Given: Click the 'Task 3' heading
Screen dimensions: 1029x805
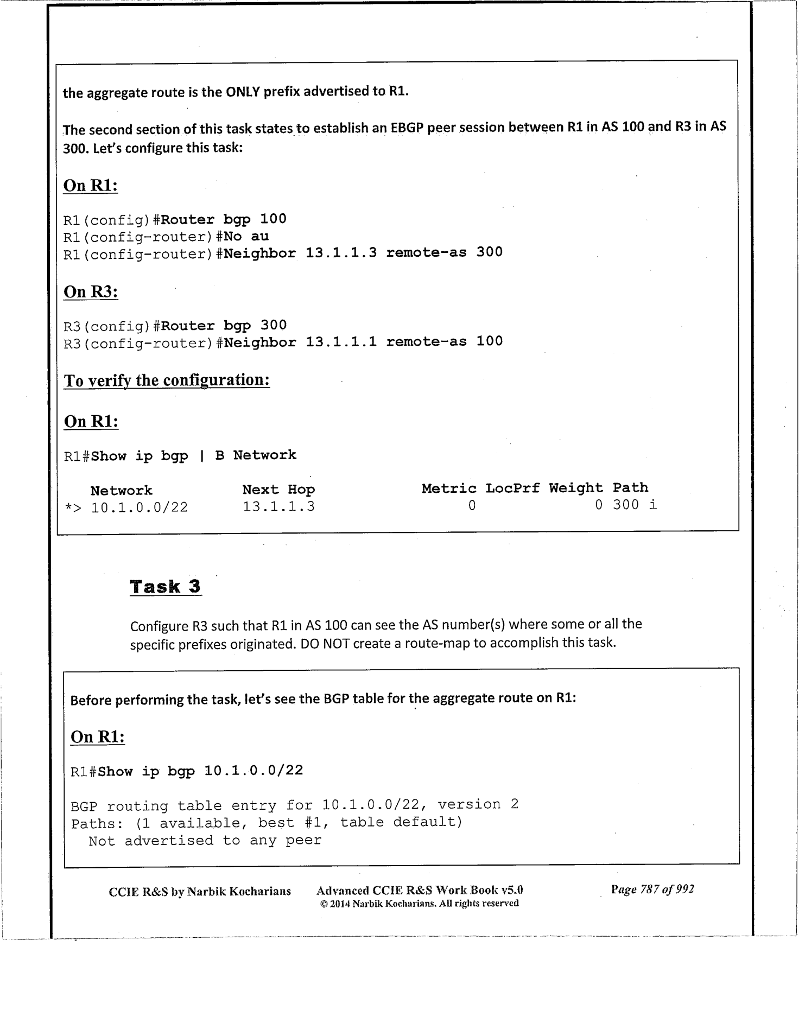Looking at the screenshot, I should pyautogui.click(x=166, y=587).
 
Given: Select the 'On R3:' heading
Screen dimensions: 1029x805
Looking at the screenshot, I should pyautogui.click(x=91, y=292).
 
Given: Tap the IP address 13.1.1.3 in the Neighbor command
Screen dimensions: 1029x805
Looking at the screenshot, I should pyautogui.click(x=341, y=252).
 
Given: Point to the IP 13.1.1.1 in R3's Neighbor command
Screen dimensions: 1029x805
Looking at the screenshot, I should pyautogui.click(x=341, y=342).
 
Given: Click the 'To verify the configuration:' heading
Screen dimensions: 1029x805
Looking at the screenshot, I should pyautogui.click(x=167, y=380).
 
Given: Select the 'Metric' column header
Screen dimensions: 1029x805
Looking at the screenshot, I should pyautogui.click(x=449, y=488).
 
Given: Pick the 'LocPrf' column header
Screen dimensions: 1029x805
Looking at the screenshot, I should pyautogui.click(x=512, y=488).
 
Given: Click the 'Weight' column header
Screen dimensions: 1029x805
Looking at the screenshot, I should pyautogui.click(x=575, y=488).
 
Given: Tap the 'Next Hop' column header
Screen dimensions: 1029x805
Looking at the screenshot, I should pyautogui.click(x=278, y=490).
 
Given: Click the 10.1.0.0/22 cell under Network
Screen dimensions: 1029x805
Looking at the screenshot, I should pyautogui.click(x=139, y=507).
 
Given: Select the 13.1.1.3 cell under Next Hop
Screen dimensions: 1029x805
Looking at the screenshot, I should pyautogui.click(x=278, y=507).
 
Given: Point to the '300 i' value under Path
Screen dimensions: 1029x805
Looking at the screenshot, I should pyautogui.click(x=635, y=505).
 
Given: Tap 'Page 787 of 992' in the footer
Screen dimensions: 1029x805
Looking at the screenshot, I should pyautogui.click(x=652, y=889).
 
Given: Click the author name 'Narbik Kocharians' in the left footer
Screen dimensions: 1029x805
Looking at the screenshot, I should pyautogui.click(x=239, y=891).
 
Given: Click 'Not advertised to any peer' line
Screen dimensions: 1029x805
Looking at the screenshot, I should pyautogui.click(x=205, y=841).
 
